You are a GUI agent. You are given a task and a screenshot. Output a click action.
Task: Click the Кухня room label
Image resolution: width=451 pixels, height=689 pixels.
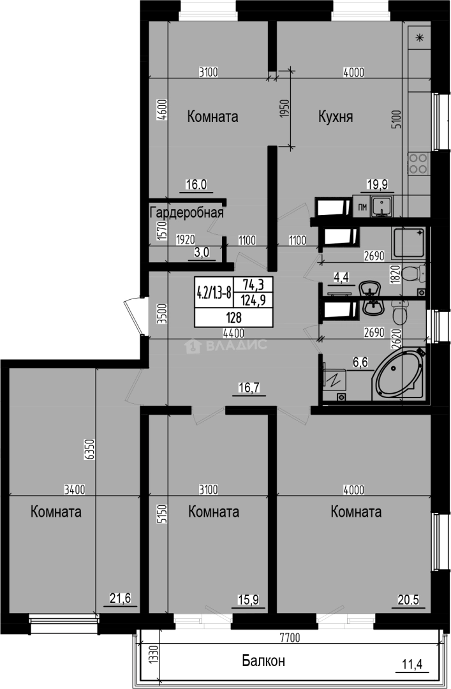(336, 117)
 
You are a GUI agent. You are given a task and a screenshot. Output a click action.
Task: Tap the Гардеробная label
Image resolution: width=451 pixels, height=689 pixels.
(186, 212)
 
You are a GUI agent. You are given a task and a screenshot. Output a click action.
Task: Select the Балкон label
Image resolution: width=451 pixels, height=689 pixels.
(263, 660)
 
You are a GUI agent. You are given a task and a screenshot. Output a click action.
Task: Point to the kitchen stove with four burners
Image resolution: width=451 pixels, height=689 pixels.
(418, 164)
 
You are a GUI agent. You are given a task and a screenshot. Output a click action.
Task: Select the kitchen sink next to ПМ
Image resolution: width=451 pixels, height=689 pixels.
(382, 207)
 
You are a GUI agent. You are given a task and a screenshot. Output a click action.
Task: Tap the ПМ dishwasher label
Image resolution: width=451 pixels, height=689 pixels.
(362, 207)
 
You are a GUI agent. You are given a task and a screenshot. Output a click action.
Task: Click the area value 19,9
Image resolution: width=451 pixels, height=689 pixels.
(377, 185)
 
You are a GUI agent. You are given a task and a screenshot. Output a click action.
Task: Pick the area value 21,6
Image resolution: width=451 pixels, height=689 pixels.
(120, 598)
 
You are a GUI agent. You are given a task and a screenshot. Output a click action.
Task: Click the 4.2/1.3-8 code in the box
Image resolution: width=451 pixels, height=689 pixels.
(213, 293)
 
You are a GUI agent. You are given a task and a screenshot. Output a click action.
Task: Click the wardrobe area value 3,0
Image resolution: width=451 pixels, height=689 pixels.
(202, 253)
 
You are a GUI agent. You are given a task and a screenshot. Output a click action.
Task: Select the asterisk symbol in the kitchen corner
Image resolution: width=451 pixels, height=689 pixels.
(420, 38)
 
